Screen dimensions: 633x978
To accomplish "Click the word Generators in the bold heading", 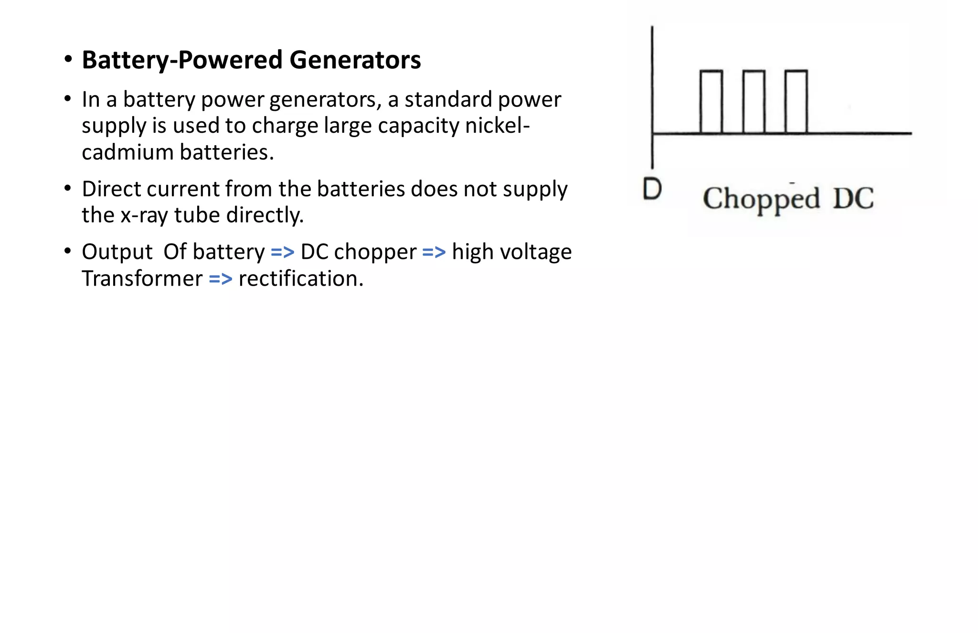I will tap(355, 60).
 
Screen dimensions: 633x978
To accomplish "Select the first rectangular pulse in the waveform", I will tap(711, 101).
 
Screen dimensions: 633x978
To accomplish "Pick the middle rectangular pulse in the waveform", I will tap(754, 101).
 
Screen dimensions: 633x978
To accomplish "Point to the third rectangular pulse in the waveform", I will tap(796, 101).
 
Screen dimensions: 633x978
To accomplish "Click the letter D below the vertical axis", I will tap(652, 189).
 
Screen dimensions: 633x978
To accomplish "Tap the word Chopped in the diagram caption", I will tap(761, 199).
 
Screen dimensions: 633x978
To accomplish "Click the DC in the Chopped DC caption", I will tap(853, 199).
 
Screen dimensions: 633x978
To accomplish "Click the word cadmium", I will tap(128, 152).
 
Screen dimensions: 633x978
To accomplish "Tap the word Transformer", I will tap(142, 279).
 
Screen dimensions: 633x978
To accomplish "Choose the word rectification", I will tap(301, 279).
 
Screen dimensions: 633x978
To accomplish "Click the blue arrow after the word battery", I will tap(282, 252).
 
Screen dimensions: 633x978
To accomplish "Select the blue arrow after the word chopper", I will tap(434, 252).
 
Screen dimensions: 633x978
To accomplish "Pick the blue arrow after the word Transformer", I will tap(220, 279).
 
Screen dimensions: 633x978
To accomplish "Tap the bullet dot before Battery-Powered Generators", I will tap(68, 60).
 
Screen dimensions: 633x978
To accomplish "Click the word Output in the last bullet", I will tap(117, 252).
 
